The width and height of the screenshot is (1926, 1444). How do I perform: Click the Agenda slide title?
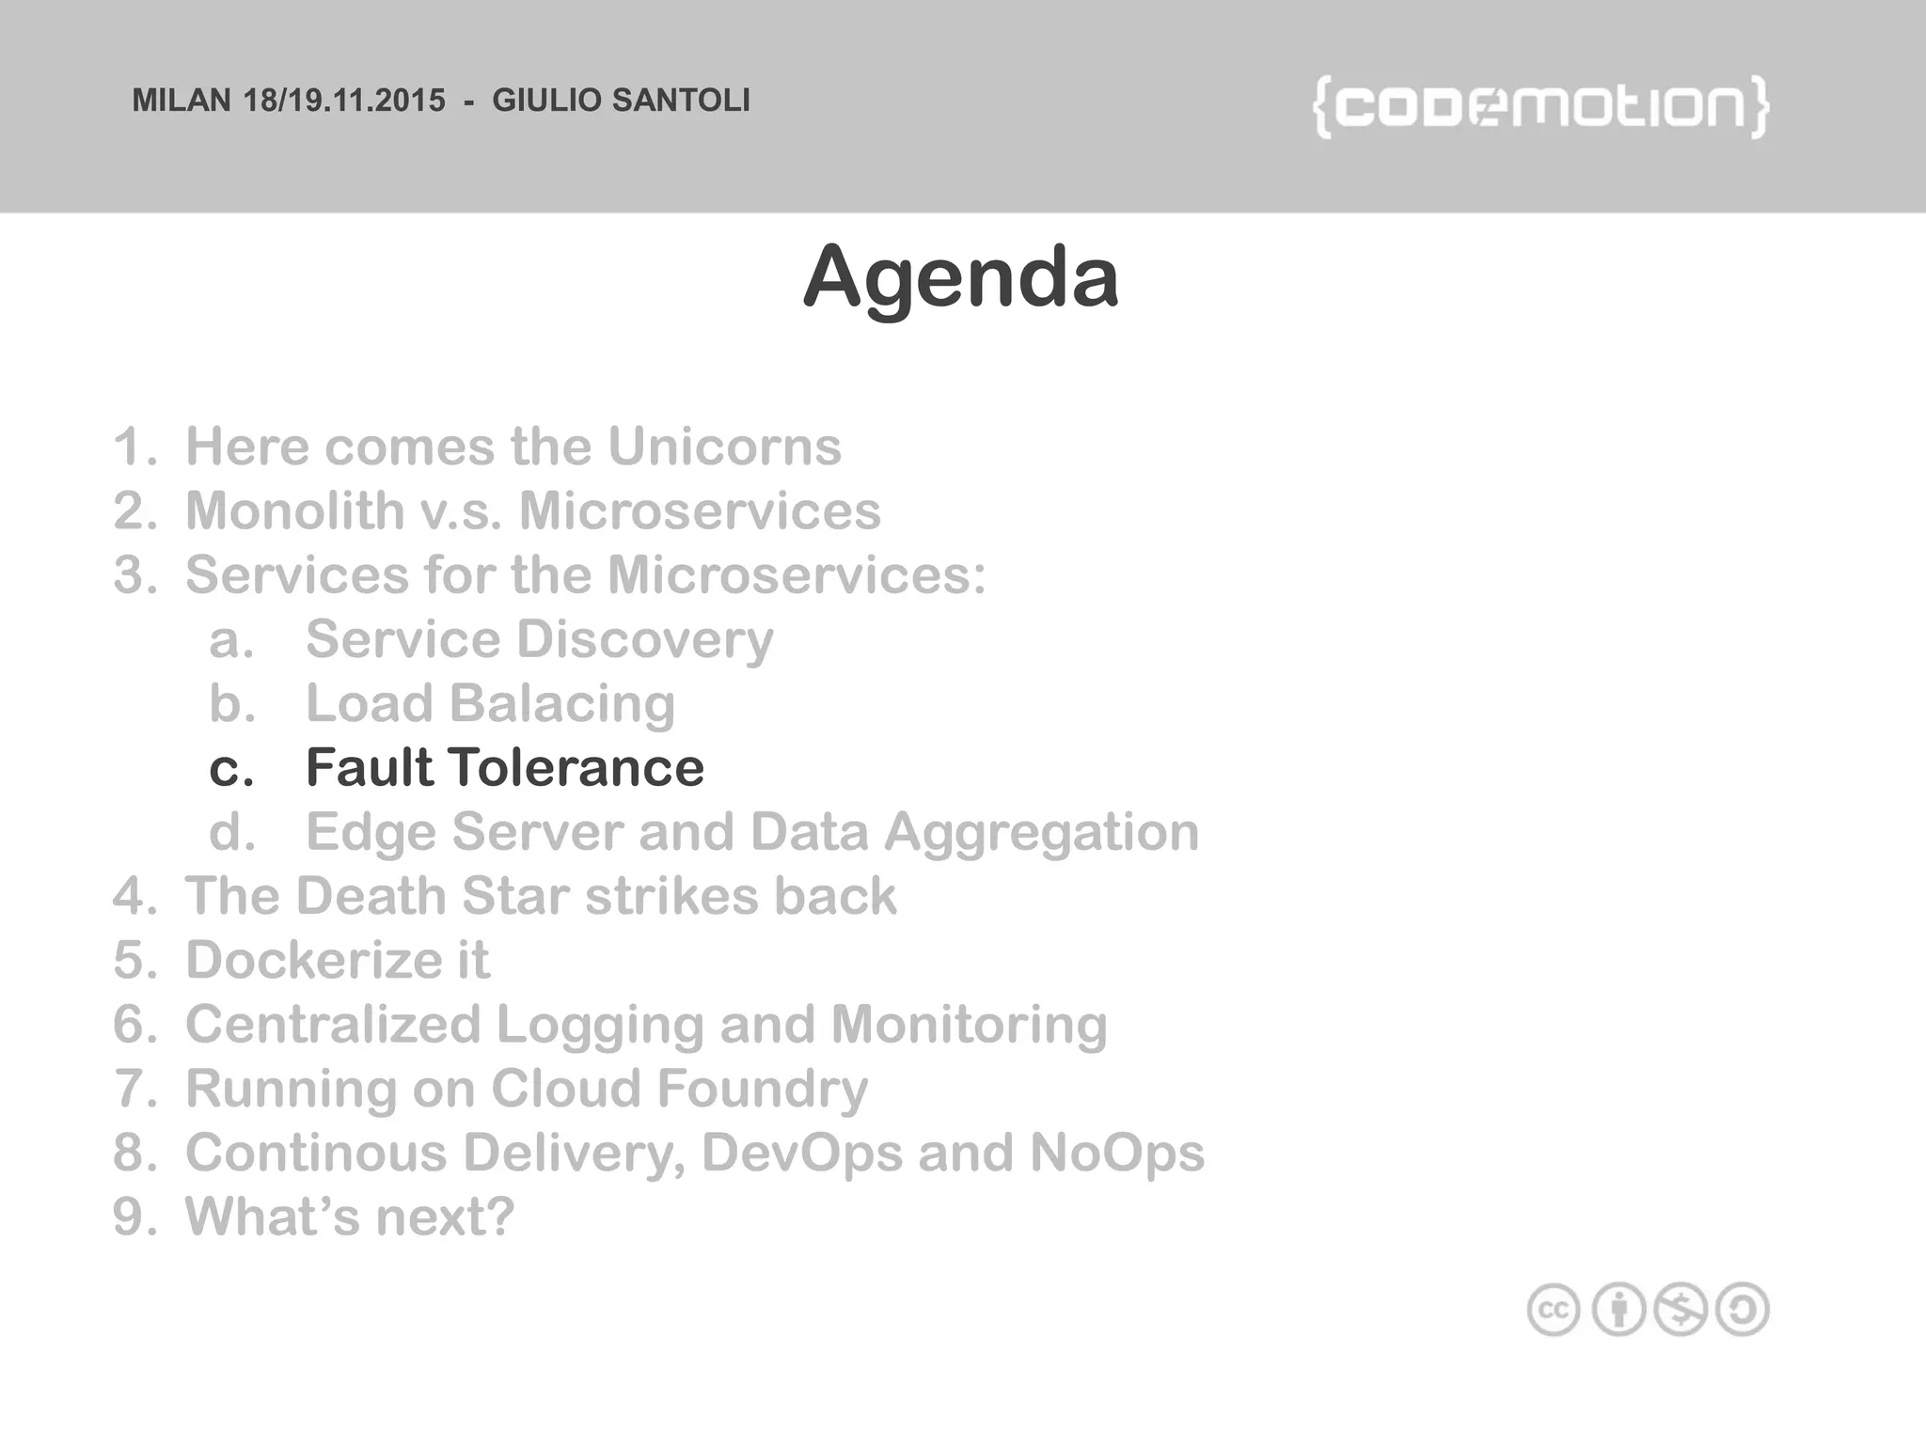point(961,276)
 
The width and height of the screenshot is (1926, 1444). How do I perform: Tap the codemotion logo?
point(1540,106)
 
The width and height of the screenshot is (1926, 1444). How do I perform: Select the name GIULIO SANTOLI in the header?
point(622,101)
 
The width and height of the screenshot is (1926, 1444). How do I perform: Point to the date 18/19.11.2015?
point(344,101)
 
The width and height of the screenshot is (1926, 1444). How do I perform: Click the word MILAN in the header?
point(182,101)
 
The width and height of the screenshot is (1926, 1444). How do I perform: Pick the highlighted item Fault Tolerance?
point(505,767)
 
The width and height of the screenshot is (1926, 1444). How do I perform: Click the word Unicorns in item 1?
point(724,446)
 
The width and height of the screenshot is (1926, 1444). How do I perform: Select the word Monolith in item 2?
point(294,510)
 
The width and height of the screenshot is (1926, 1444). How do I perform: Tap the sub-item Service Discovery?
point(539,639)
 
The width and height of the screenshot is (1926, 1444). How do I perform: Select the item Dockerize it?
point(337,960)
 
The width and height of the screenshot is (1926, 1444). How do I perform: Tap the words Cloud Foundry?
point(679,1089)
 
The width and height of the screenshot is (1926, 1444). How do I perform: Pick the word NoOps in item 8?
point(1116,1153)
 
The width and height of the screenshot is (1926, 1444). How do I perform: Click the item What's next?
point(350,1216)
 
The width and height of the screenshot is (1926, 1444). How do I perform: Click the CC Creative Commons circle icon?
point(1554,1309)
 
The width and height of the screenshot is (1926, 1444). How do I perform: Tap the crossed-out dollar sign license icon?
point(1681,1309)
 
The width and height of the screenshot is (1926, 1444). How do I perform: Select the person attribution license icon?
point(1618,1309)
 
